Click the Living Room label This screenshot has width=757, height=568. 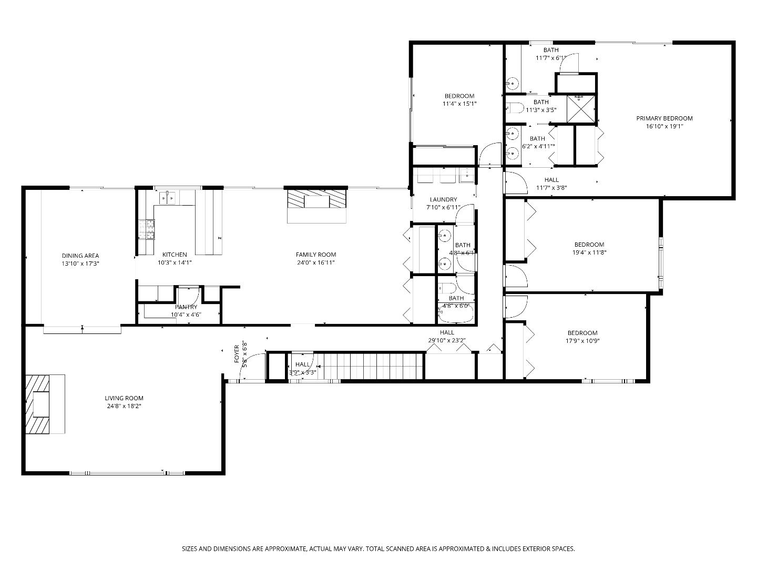[x=124, y=398]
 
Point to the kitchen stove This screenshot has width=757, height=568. [x=147, y=229]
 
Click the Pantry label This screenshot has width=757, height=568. [x=186, y=307]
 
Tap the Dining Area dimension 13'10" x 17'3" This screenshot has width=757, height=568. [x=80, y=263]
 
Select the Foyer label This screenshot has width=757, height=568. [x=237, y=353]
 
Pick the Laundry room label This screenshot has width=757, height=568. [x=443, y=199]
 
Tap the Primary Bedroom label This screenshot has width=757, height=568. [x=664, y=118]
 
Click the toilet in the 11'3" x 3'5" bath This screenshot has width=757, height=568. [x=516, y=109]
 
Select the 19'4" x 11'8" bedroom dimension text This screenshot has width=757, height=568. [x=589, y=252]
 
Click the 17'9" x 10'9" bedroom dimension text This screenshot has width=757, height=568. [x=582, y=341]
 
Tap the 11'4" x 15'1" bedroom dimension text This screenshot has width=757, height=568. [x=459, y=104]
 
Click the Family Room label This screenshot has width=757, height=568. [x=315, y=255]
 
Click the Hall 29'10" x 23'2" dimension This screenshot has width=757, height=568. [x=447, y=340]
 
